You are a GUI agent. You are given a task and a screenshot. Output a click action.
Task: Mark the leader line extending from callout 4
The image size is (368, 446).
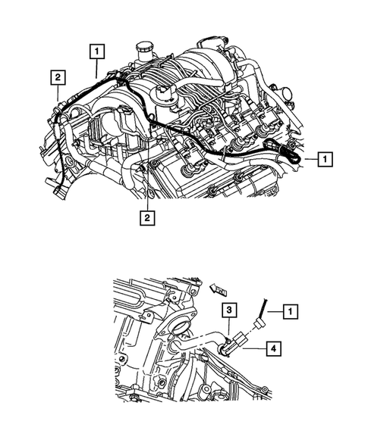pos(254,349)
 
